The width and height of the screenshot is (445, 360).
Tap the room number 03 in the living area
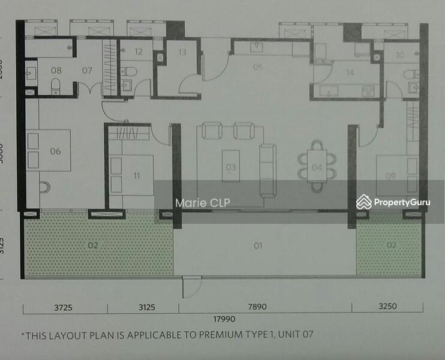tap(230, 167)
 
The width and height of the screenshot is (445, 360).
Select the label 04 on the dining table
tap(317, 167)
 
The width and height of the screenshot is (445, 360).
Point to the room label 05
tap(258, 67)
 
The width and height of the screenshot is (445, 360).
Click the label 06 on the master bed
tap(56, 151)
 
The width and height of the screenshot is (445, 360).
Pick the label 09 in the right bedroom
tap(391, 176)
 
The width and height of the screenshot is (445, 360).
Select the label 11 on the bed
tap(137, 176)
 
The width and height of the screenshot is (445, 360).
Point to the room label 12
tap(139, 52)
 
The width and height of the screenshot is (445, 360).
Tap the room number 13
tap(182, 52)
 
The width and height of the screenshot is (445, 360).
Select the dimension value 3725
tap(62, 307)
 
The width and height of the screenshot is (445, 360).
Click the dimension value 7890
tap(257, 307)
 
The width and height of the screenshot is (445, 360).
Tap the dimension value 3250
tap(387, 307)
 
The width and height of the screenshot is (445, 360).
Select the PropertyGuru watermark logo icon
tap(363, 202)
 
